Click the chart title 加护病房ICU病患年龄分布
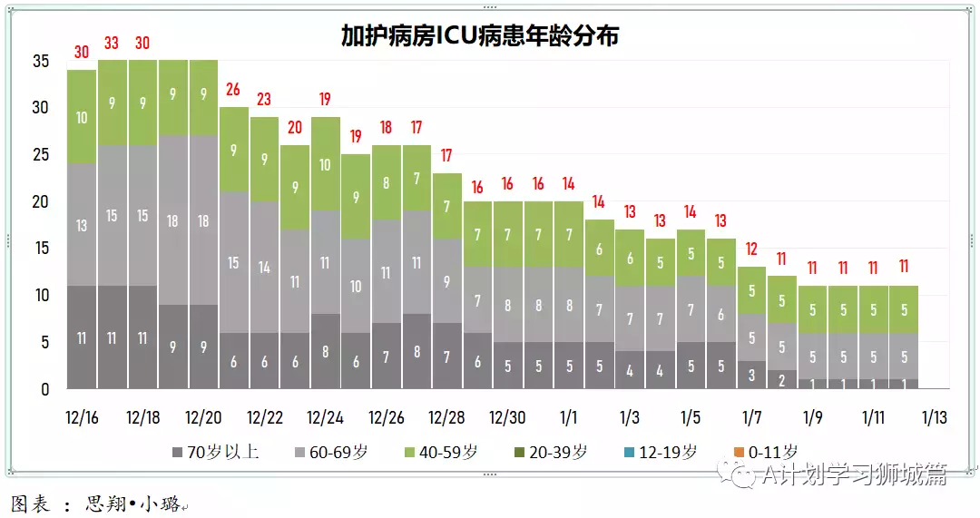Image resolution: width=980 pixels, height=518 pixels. (x=480, y=35)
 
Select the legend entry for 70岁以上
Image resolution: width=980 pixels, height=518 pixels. (x=215, y=452)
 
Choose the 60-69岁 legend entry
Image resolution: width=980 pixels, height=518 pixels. (x=333, y=452)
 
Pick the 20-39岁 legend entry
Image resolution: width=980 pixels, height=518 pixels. (x=552, y=452)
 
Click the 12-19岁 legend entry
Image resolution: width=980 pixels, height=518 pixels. (x=661, y=452)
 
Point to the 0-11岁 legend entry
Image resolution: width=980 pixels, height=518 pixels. (x=766, y=452)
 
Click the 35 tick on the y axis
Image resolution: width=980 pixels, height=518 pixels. (x=41, y=62)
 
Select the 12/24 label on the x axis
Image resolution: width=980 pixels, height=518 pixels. (x=325, y=418)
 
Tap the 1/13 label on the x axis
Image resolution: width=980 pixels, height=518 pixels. (x=935, y=418)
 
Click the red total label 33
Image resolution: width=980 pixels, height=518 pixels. (x=113, y=43)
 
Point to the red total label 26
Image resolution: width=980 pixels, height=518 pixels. (x=234, y=90)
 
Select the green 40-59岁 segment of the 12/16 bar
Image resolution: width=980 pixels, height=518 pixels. (x=82, y=116)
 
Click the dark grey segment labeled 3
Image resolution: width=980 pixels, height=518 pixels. (x=751, y=375)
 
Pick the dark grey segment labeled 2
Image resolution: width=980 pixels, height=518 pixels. (x=782, y=379)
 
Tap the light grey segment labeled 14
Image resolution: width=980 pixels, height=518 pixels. (x=265, y=267)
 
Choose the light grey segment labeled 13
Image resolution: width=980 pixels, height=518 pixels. (x=82, y=224)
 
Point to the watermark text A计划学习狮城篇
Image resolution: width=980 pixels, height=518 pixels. (x=853, y=474)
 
